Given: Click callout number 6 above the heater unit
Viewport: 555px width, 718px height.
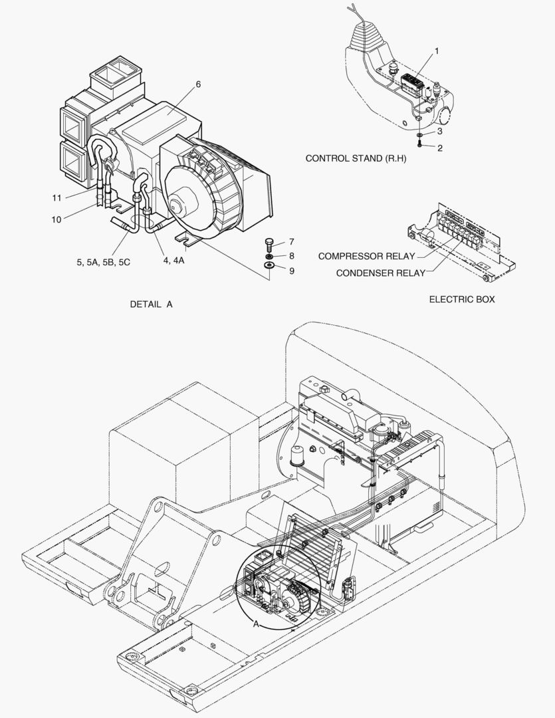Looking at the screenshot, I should pos(198,84).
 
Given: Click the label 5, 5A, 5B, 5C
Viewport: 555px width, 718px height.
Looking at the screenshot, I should pos(103,262).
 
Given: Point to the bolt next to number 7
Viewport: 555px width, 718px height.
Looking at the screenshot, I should pos(269,243).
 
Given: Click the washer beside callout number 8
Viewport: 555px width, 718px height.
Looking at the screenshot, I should pos(269,256).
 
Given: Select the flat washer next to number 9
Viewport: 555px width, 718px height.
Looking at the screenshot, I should pos(269,267).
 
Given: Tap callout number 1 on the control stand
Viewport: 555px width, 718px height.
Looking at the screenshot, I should pos(437,51).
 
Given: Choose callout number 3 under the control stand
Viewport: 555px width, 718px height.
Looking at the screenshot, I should pos(439,132).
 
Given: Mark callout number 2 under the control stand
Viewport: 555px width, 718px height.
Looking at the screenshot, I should pos(439,148).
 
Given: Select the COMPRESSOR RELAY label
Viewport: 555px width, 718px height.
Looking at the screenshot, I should pos(366,256).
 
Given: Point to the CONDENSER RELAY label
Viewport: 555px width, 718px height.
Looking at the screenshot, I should pos(380,273).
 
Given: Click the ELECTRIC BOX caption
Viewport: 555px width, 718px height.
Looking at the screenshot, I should pos(461,300).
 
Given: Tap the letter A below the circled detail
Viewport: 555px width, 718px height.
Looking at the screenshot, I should pos(255,624).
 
